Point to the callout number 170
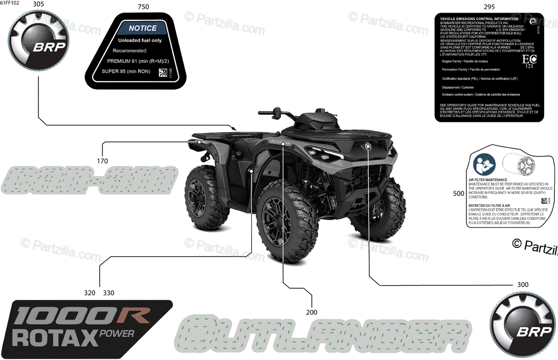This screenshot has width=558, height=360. [102, 161]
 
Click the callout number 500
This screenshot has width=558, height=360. [458, 193]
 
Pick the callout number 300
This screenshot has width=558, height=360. [522, 284]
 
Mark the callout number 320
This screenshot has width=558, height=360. [90, 293]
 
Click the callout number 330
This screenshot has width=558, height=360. [108, 293]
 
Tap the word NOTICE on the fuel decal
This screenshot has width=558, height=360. [143, 28]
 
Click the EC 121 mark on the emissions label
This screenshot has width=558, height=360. [528, 61]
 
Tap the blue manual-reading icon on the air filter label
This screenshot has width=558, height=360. [482, 163]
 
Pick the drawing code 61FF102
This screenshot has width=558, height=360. [11, 3]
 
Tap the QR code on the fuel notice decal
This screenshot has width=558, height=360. [162, 73]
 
